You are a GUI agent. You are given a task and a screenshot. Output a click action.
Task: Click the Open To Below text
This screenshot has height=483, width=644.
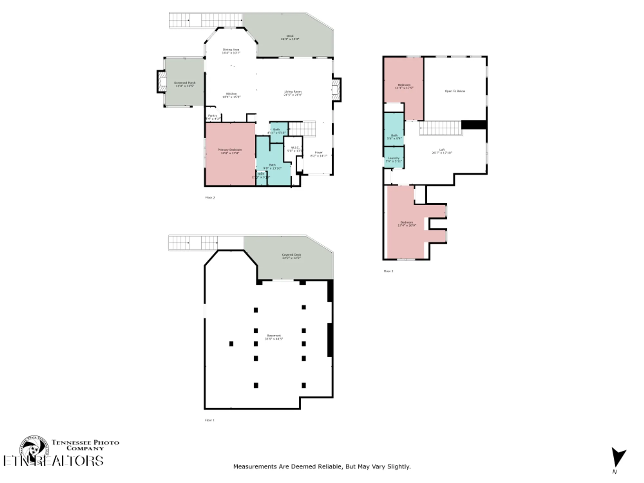(x=455, y=91)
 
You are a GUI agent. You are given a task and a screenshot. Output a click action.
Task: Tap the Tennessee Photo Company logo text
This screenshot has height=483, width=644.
(x=85, y=445)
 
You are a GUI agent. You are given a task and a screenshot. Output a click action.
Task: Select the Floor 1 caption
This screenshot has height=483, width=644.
(x=210, y=420)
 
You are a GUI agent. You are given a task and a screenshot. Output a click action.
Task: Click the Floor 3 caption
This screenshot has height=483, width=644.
(x=388, y=271)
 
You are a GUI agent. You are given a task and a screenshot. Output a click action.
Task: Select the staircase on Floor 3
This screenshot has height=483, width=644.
(x=440, y=128)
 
